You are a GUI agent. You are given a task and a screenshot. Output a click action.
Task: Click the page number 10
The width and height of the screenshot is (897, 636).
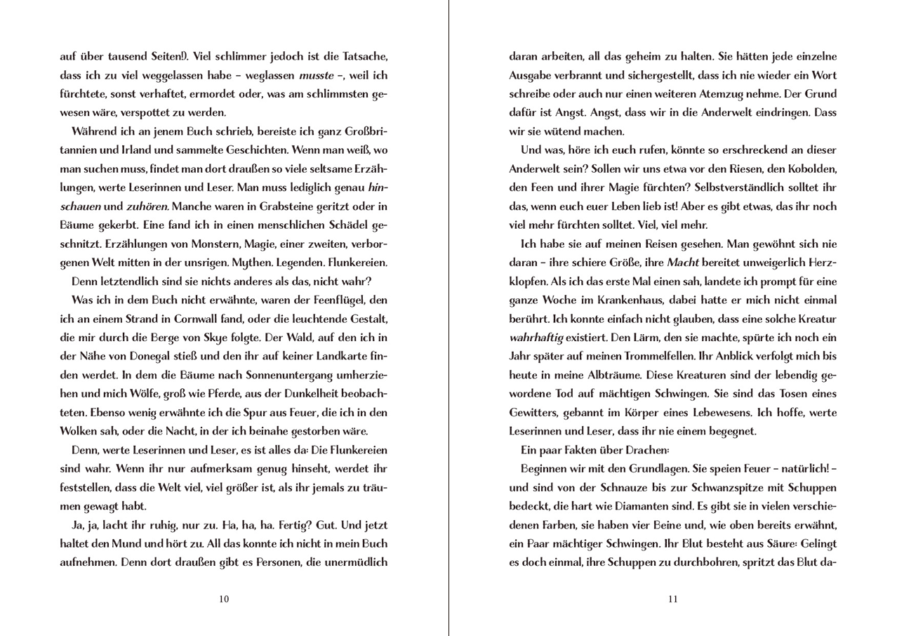(x=224, y=599)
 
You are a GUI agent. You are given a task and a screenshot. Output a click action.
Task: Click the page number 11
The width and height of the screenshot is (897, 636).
(x=673, y=599)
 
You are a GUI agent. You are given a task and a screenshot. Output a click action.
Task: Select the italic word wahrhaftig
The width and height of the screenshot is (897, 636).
(x=537, y=338)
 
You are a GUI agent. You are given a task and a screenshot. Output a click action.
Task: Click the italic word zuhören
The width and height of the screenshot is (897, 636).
(x=147, y=207)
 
